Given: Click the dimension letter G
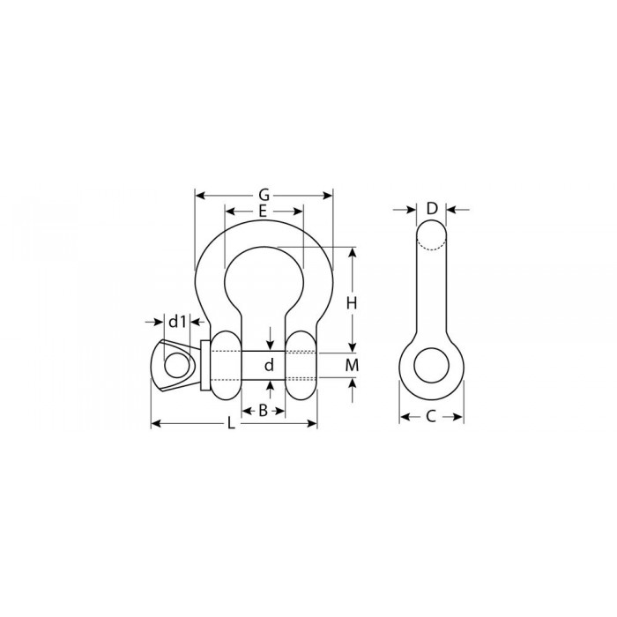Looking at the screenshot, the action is pos(264,195).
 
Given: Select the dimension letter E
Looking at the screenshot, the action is pos(263,212).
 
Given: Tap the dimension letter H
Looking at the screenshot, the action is pos(352,303).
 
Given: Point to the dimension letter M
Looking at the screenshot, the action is pos(353,365).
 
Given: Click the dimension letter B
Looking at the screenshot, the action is pos(263,411).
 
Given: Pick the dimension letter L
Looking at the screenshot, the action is pos(231,423).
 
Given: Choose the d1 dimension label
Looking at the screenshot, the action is pos(177,322).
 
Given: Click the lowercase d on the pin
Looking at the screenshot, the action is pos(269,365).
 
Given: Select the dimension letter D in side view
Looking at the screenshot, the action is pos(432,209).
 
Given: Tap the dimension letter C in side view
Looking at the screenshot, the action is pos(431,416).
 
